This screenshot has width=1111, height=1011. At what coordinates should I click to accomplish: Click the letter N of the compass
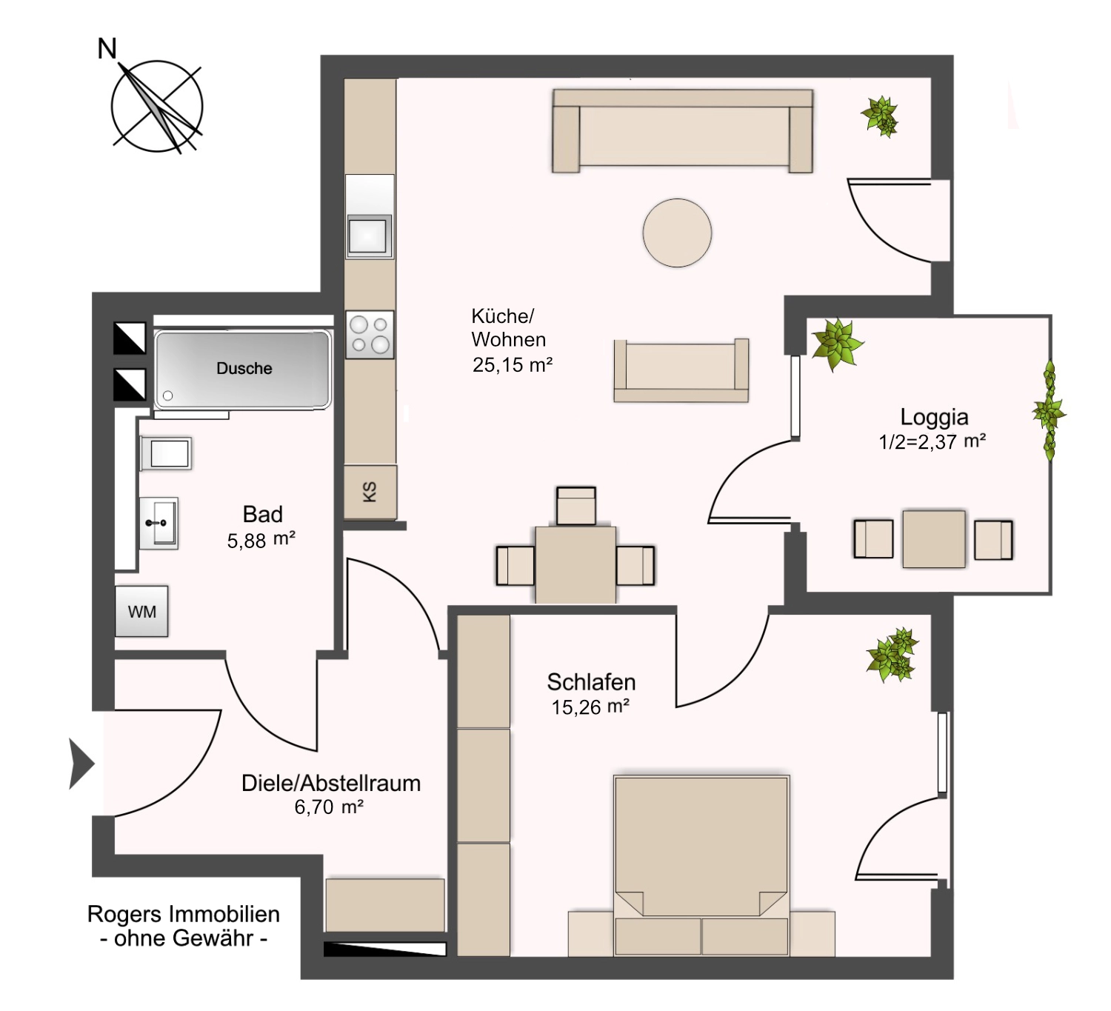(x=107, y=49)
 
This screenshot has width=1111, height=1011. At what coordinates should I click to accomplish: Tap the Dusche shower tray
(x=243, y=369)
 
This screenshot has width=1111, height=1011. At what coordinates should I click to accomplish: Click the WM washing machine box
(x=141, y=612)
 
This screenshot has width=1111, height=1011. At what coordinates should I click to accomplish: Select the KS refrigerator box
(x=370, y=492)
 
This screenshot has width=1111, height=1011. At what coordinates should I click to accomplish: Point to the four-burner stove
(x=370, y=335)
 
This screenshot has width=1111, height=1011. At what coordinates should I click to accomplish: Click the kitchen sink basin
(x=369, y=235)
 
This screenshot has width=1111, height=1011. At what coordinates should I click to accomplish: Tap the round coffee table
(x=677, y=233)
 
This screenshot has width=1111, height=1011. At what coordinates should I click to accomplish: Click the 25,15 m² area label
(x=513, y=364)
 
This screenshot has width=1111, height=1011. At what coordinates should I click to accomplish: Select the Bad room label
(x=262, y=514)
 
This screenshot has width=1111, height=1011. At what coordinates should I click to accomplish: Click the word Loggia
(x=934, y=417)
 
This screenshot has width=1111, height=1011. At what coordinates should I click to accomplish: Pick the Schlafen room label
(x=591, y=681)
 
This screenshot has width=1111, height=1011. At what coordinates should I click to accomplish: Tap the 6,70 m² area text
(x=329, y=807)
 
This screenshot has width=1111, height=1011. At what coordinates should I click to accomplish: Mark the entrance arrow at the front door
(x=81, y=763)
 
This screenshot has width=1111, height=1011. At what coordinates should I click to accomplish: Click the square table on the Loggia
(x=934, y=538)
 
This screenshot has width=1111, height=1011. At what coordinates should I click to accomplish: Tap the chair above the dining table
(x=576, y=506)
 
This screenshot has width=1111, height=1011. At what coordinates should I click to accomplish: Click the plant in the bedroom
(x=893, y=655)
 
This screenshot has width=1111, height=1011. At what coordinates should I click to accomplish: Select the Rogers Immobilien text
(x=184, y=914)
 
